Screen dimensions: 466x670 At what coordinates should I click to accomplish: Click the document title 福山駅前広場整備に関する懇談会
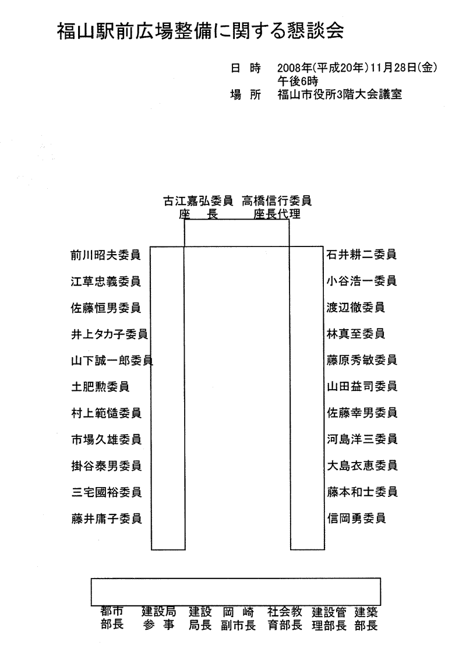[200, 31]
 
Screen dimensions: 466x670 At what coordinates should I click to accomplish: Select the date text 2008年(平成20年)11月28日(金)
[357, 68]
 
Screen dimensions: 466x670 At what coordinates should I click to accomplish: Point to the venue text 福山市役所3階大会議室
[340, 94]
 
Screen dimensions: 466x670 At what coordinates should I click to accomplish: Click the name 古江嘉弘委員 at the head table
[198, 200]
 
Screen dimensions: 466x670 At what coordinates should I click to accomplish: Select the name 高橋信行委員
[277, 200]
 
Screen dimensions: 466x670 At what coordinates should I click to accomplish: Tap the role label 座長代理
[277, 214]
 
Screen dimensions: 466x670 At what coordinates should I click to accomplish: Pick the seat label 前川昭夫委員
[105, 255]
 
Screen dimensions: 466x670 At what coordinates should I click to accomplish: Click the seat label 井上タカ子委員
[110, 334]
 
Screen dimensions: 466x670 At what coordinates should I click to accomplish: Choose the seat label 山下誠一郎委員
[112, 361]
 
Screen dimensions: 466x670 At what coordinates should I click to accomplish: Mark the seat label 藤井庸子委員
[107, 519]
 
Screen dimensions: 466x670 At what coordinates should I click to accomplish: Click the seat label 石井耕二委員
[361, 255]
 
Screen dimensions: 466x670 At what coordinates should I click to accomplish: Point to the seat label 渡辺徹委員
[355, 307]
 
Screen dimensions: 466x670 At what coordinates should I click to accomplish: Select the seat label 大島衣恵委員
[362, 466]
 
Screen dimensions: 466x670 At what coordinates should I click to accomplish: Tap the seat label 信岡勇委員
[356, 519]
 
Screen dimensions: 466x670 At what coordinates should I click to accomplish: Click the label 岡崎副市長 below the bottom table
[238, 619]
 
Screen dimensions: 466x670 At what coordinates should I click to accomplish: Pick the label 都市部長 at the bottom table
[112, 618]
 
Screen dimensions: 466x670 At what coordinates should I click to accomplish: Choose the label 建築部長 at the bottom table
[366, 619]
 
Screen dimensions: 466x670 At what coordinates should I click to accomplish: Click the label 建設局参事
[159, 618]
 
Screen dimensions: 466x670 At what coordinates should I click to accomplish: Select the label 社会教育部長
[285, 619]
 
